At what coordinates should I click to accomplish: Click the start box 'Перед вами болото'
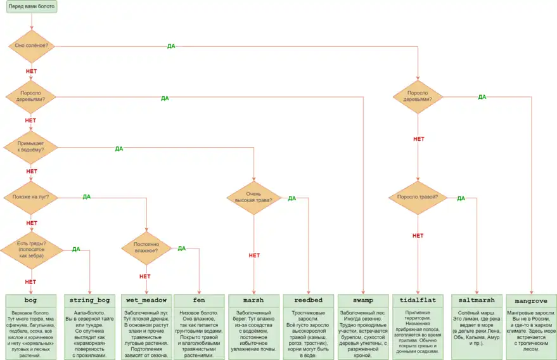[31, 7]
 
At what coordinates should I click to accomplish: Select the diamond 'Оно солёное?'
[31, 46]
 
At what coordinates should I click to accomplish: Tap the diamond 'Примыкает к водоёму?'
[31, 147]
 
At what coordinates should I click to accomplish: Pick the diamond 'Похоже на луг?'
[31, 197]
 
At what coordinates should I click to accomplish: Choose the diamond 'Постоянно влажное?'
[146, 248]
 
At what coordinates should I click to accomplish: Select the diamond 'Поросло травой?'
[418, 197]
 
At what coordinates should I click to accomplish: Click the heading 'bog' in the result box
[31, 300]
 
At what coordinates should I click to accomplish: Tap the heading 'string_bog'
[89, 300]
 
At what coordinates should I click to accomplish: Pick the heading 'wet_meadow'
[146, 300]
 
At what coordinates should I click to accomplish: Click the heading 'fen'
[200, 300]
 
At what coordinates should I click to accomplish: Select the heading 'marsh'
[253, 300]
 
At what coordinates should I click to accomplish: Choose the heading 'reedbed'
[308, 300]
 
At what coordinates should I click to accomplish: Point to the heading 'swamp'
[363, 300]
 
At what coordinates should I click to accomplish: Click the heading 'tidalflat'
[418, 300]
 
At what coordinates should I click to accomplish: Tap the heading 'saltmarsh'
[476, 300]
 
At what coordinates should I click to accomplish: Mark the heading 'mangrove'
[531, 300]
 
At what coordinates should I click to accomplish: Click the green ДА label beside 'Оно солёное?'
[171, 46]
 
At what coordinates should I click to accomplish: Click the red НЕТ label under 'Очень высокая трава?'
[254, 255]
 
